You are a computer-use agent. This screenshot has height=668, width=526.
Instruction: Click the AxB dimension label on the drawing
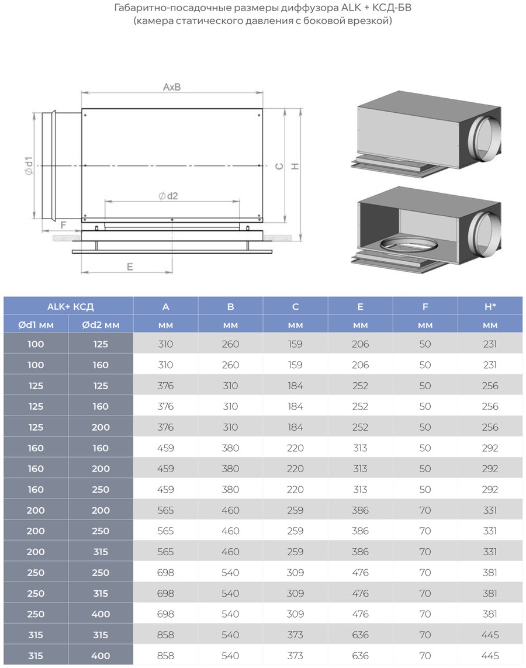(172, 87)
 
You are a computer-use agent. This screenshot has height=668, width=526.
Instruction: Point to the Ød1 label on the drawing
(29, 166)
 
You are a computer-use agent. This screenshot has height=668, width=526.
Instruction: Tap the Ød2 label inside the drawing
(168, 196)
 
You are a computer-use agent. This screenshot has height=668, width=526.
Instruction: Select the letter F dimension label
(64, 225)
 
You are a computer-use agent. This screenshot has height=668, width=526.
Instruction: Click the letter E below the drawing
(130, 266)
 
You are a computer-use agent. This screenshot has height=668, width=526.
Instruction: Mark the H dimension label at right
(295, 167)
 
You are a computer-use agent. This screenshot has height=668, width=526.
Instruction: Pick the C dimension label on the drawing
(279, 166)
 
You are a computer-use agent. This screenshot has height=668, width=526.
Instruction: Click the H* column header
(490, 306)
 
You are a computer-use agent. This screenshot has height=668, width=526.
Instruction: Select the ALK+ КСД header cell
(70, 306)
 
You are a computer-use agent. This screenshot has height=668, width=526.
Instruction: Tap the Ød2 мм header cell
(101, 325)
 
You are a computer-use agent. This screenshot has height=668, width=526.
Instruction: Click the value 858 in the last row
(165, 656)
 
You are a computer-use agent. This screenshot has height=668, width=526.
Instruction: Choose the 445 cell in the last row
(490, 656)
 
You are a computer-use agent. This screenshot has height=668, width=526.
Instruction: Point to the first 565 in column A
(165, 510)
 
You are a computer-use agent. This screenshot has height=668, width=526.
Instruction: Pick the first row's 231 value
(490, 344)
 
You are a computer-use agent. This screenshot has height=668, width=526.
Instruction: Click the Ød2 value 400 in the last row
(101, 656)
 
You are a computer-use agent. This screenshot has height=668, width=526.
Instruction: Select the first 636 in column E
(360, 635)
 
